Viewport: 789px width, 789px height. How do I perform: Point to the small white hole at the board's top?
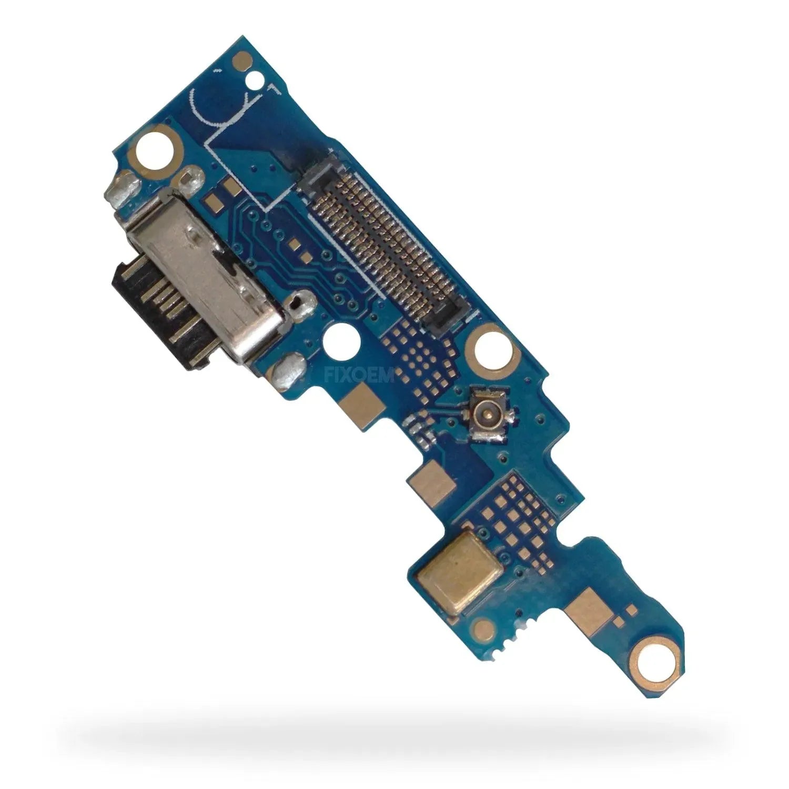(x=258, y=80)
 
